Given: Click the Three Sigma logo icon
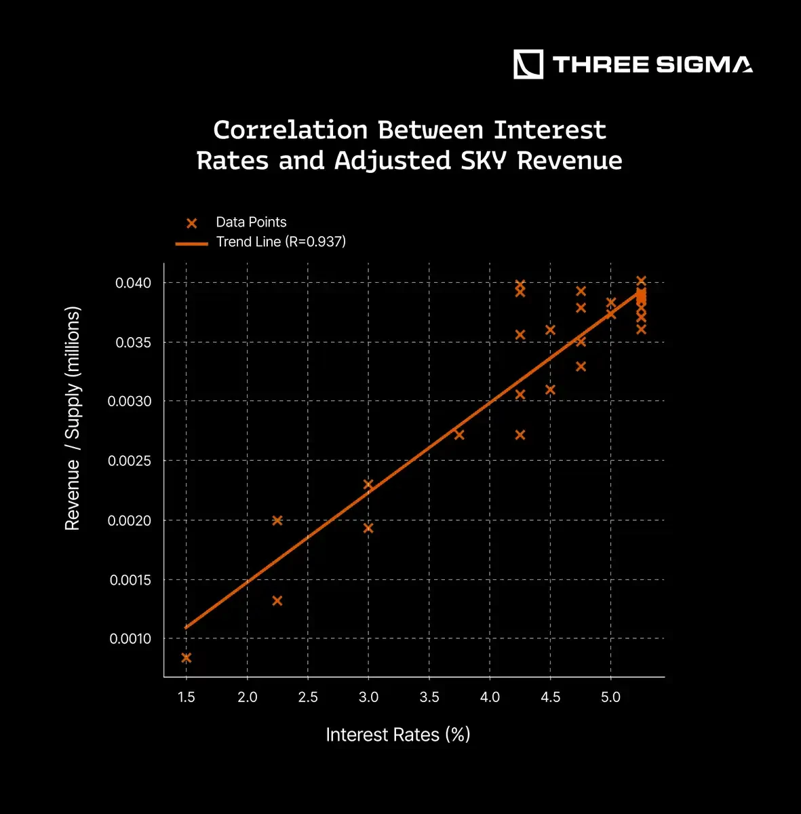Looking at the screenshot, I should point(528,64).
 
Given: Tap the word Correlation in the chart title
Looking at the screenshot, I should point(290,130).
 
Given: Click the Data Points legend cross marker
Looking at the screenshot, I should point(192,223).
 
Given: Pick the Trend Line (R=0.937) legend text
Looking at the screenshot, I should point(281,241).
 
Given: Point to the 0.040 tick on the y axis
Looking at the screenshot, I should point(133,283).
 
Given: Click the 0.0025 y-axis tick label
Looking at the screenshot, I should point(130,461).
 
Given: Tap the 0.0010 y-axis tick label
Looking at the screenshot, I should point(130,639).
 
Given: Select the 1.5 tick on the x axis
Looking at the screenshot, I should point(187,697).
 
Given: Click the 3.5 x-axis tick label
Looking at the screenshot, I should point(429,697).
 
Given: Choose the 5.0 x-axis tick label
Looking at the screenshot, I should point(610,697).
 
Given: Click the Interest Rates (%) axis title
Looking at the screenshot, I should point(398,735).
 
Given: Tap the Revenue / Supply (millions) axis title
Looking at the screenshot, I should point(73,419).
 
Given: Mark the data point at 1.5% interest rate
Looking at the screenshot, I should point(187,658).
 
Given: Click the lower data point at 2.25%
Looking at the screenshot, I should point(277,601).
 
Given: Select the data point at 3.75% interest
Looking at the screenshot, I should point(459,435).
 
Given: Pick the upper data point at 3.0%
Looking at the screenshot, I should point(368,484).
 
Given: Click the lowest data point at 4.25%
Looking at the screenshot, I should point(520,435).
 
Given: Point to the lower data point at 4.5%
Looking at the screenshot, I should point(550,390).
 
